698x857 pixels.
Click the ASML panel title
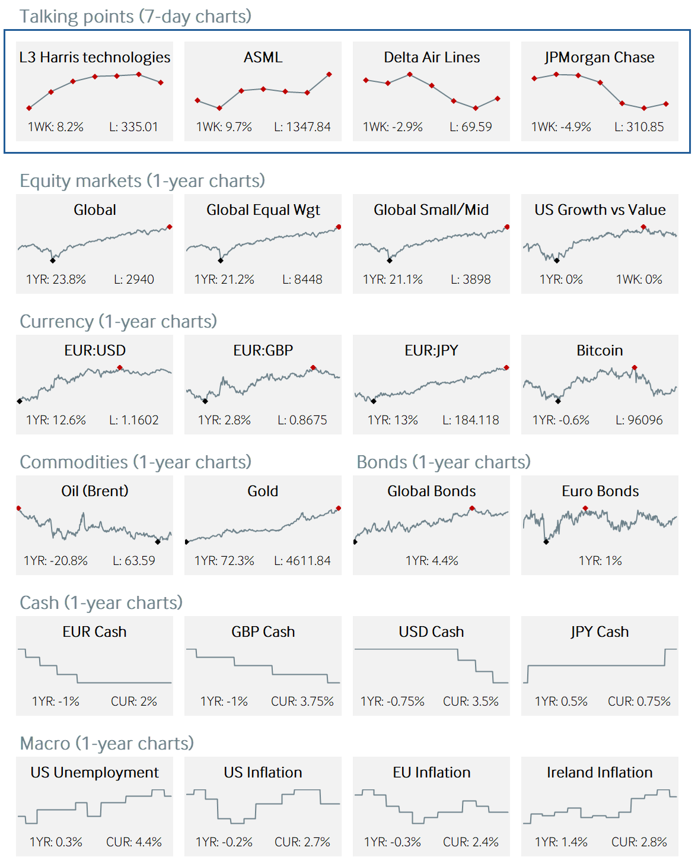263,58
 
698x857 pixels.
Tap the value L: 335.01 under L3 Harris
133,127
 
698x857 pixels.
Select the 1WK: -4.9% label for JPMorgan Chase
561,127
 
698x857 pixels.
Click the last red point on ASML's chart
329,75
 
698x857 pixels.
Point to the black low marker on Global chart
53,260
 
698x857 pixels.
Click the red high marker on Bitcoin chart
635,368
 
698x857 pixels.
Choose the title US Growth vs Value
600,210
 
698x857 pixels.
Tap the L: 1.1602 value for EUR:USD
133,420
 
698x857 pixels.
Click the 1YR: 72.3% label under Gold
224,561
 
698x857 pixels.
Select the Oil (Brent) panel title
95,491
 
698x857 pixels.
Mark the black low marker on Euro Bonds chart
546,541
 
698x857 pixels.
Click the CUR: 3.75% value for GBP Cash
302,702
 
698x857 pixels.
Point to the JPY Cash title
600,632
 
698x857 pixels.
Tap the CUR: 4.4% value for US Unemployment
133,842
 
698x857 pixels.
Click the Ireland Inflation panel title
600,773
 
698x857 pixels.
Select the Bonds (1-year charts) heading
444,462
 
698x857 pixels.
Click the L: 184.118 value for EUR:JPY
471,420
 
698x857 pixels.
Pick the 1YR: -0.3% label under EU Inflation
393,842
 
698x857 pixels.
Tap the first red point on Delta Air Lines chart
366,80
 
